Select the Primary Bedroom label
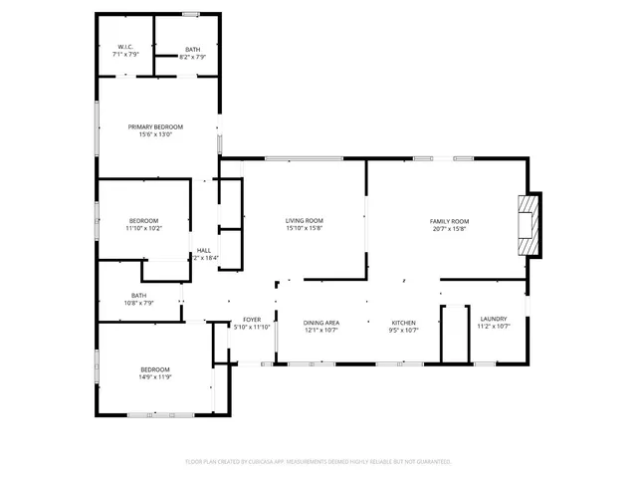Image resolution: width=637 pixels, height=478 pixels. (155, 126)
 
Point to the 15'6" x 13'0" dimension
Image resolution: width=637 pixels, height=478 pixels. (155, 134)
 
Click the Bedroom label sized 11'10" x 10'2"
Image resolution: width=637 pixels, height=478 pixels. (143, 220)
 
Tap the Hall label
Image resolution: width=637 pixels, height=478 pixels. (203, 250)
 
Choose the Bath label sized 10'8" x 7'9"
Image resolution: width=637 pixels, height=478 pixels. (138, 295)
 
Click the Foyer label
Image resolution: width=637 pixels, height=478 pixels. (251, 320)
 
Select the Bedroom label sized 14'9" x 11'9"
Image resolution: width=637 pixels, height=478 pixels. (154, 369)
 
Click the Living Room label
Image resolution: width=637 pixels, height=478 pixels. (305, 220)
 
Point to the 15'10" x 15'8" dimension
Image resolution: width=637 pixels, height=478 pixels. (305, 228)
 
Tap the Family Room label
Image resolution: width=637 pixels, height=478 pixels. (449, 220)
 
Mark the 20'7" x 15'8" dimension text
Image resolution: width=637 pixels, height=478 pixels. (449, 228)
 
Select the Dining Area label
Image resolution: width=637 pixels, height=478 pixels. (321, 323)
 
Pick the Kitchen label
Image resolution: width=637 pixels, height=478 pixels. (403, 323)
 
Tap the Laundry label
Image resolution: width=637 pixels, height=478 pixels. (494, 318)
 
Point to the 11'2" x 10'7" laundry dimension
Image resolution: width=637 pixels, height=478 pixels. (494, 326)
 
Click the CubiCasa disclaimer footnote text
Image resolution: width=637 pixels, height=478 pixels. (318, 461)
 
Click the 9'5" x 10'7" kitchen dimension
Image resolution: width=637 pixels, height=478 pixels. (403, 331)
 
